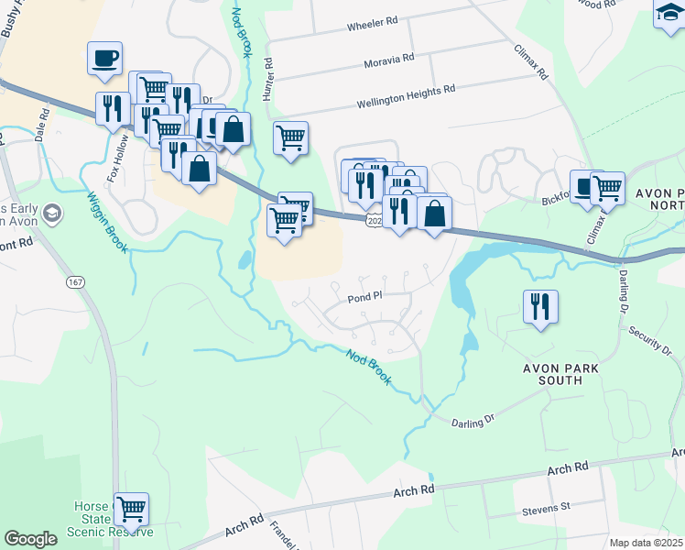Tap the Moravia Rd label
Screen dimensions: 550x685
coord(388,57)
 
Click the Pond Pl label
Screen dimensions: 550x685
coord(364,298)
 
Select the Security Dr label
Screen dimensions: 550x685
coord(651,341)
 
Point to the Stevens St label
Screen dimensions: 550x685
coord(546,505)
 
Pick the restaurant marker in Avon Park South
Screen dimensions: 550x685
coord(540,305)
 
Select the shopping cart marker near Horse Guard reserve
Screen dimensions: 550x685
coord(131,509)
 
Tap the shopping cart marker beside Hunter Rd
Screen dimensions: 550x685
coord(291,138)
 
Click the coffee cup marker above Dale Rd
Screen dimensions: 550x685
coord(105,59)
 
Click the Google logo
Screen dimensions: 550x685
coord(30,539)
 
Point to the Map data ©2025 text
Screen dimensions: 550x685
coord(647,543)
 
